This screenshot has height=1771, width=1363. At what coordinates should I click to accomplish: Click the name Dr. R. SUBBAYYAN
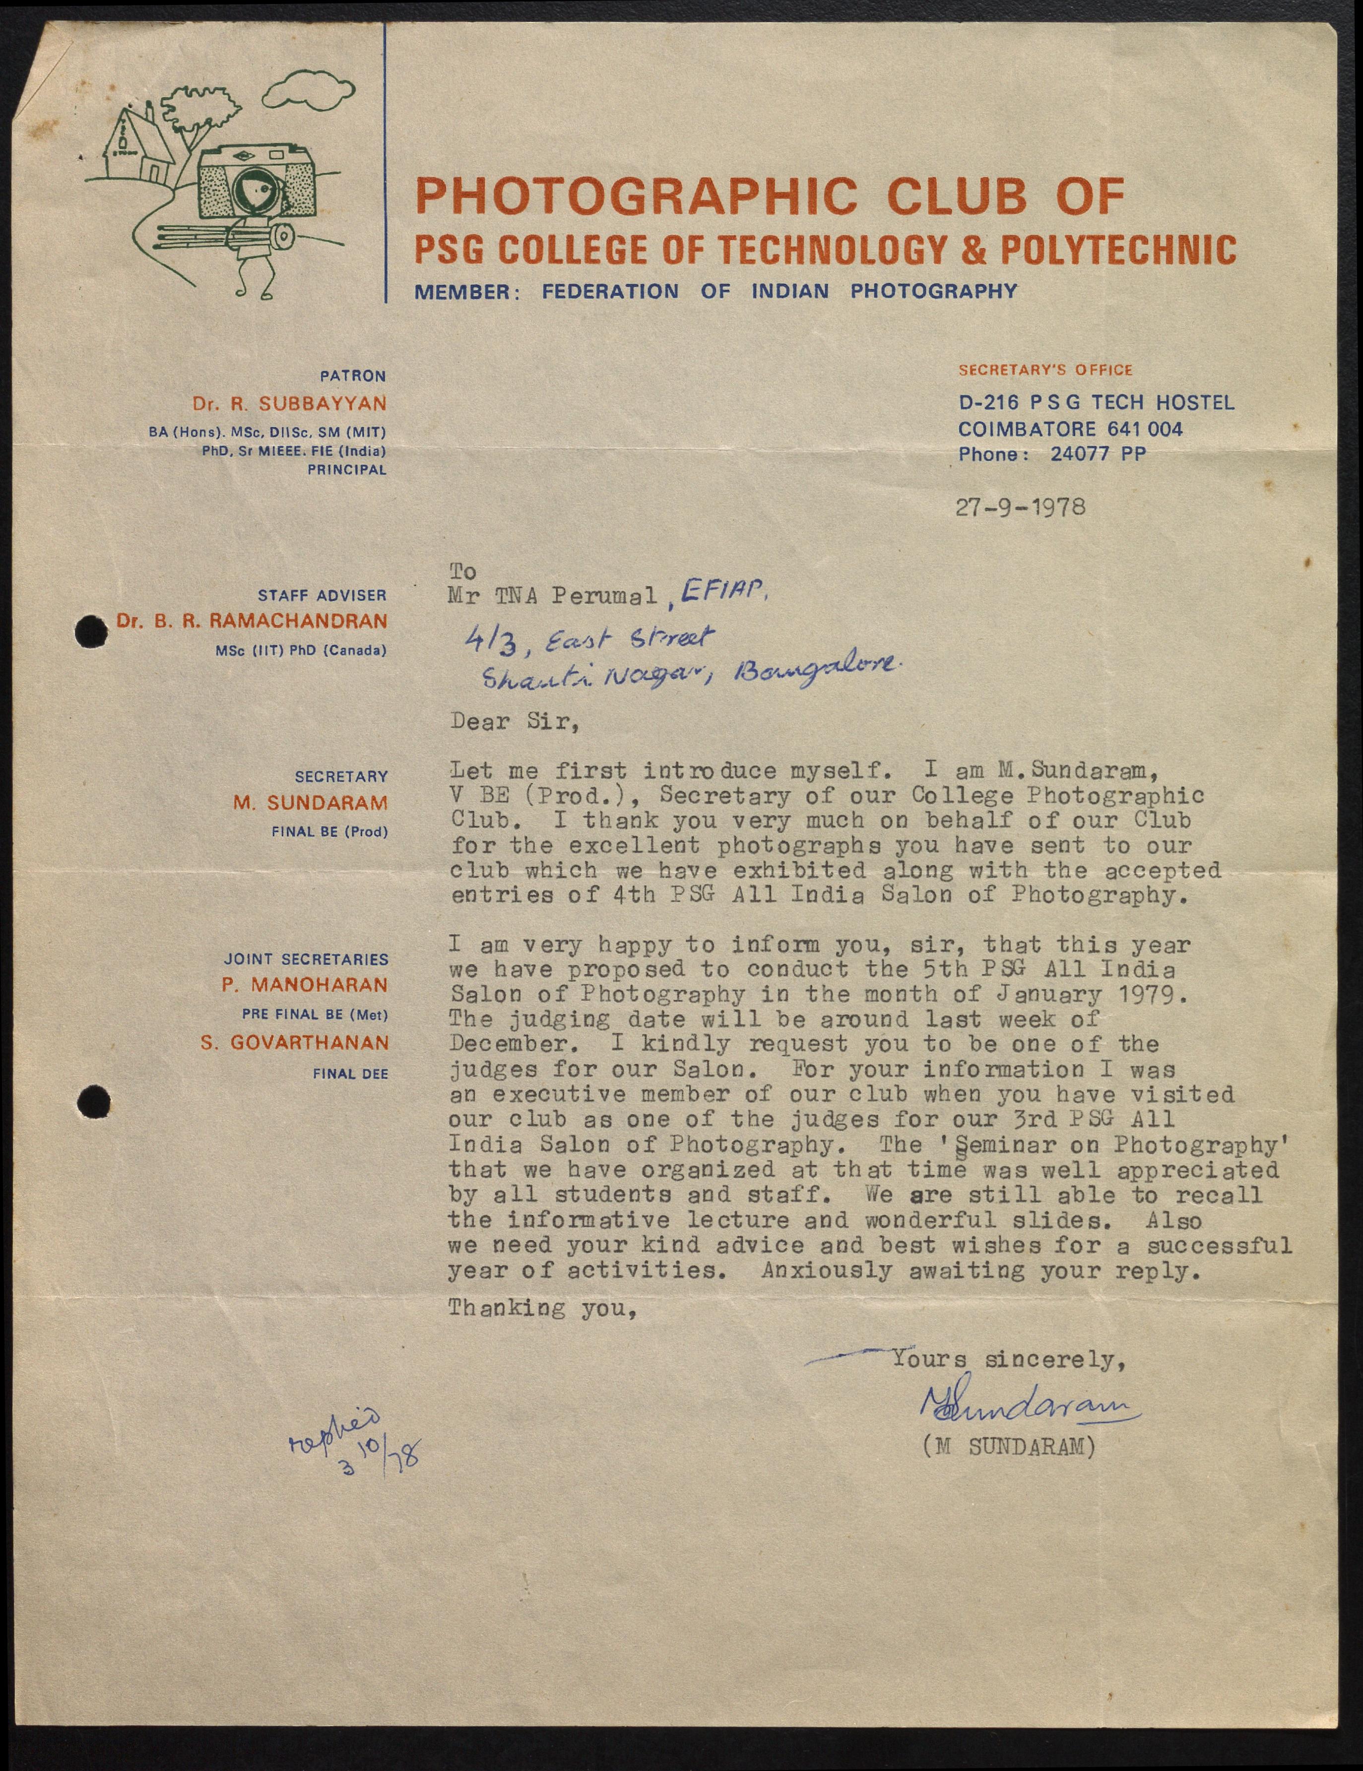289,404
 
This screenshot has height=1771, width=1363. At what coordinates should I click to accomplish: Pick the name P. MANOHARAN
305,985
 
